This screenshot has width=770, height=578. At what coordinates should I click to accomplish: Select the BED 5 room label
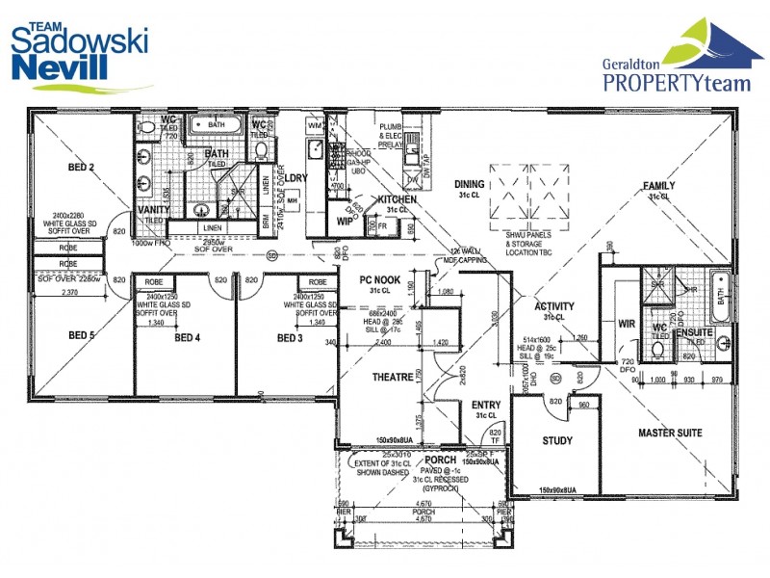(x=80, y=335)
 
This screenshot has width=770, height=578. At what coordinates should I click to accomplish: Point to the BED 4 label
(x=187, y=338)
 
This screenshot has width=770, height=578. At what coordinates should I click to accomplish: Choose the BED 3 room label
(x=290, y=338)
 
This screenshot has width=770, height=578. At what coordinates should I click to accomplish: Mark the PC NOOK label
(x=378, y=280)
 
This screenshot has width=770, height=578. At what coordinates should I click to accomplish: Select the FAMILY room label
(x=659, y=186)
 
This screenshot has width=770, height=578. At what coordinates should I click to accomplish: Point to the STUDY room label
(x=557, y=441)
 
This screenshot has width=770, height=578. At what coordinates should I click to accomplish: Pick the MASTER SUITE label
(x=669, y=433)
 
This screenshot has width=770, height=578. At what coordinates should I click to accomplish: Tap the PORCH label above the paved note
(x=441, y=460)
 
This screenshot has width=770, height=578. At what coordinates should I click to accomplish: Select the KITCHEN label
(x=397, y=199)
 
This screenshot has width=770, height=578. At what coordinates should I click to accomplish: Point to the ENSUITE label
(x=693, y=331)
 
